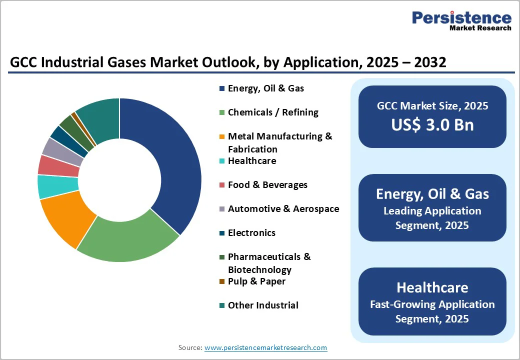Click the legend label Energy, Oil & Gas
pyautogui.click(x=265, y=88)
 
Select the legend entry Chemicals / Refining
pyautogui.click(x=273, y=112)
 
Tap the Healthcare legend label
pyautogui.click(x=251, y=161)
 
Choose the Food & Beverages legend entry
pyautogui.click(x=267, y=185)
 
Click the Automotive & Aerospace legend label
pyautogui.click(x=283, y=209)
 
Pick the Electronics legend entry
pyautogui.click(x=251, y=233)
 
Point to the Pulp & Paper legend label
pyautogui.click(x=256, y=281)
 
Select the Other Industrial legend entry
pyautogui.click(x=263, y=305)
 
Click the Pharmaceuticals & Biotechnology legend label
pyautogui.click(x=269, y=263)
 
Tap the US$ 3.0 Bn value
pyautogui.click(x=432, y=124)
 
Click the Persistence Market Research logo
pyautogui.click(x=461, y=21)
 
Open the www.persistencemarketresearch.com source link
pyautogui.click(x=265, y=347)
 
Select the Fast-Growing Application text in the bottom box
pyautogui.click(x=432, y=304)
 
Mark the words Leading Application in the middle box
pyautogui.click(x=432, y=211)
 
